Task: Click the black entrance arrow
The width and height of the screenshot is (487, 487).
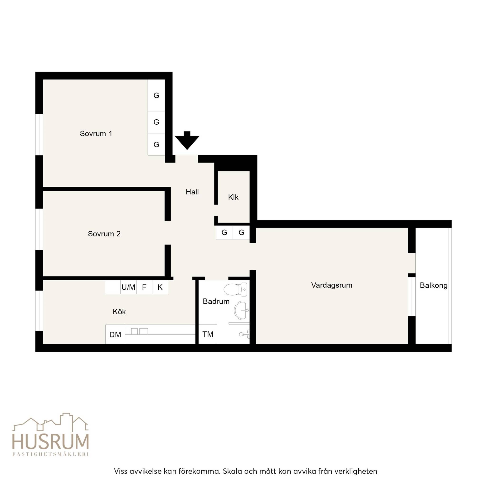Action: (187, 140)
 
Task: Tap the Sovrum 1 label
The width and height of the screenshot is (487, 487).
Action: (96, 134)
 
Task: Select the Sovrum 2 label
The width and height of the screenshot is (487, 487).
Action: (104, 234)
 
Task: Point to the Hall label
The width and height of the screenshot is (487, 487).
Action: (192, 192)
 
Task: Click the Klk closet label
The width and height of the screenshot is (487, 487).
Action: (233, 197)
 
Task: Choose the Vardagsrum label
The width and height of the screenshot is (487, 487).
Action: (331, 285)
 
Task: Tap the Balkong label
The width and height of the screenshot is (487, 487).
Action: (433, 285)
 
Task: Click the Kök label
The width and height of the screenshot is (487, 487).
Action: (119, 312)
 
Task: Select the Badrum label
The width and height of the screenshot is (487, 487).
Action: (216, 301)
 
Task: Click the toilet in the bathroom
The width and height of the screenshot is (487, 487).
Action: (235, 289)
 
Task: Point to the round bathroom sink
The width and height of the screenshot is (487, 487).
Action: (242, 310)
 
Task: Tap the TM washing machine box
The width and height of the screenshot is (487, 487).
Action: (208, 334)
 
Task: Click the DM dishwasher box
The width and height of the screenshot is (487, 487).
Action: (115, 335)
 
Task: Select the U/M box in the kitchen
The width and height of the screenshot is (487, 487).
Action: (128, 287)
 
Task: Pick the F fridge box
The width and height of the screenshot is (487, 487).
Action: (144, 287)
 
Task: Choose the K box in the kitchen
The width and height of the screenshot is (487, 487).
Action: (160, 287)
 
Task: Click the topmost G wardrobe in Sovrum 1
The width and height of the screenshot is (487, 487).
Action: (156, 96)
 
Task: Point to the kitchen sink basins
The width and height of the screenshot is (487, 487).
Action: (139, 331)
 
